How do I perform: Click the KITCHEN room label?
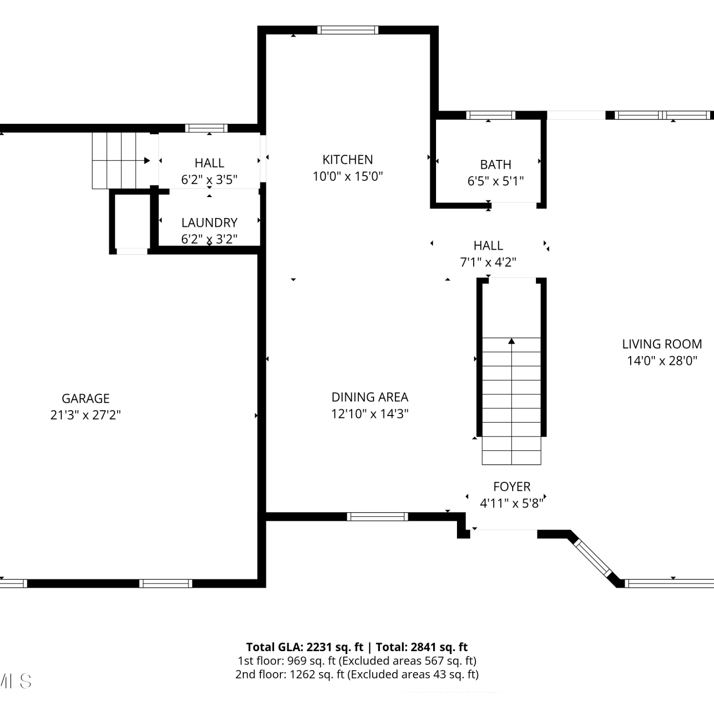tap(347, 159)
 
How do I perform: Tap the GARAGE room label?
tap(86, 398)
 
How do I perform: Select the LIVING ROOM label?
tap(662, 344)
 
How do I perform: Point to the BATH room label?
tap(496, 165)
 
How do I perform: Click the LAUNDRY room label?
tap(209, 223)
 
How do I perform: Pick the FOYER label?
tap(512, 486)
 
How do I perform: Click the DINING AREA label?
tap(370, 397)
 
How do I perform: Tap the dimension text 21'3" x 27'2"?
tap(86, 415)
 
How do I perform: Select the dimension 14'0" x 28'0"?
tap(662, 361)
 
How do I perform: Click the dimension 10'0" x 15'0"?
tap(347, 176)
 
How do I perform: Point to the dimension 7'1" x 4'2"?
tap(488, 262)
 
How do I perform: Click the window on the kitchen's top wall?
tap(348, 30)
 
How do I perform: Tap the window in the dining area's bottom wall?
tap(377, 516)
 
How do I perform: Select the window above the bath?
tap(491, 115)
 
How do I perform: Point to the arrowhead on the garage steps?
tap(147, 161)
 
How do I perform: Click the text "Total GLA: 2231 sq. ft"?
tap(305, 647)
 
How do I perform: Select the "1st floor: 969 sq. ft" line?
tap(287, 661)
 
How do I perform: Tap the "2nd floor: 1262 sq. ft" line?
tap(290, 674)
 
